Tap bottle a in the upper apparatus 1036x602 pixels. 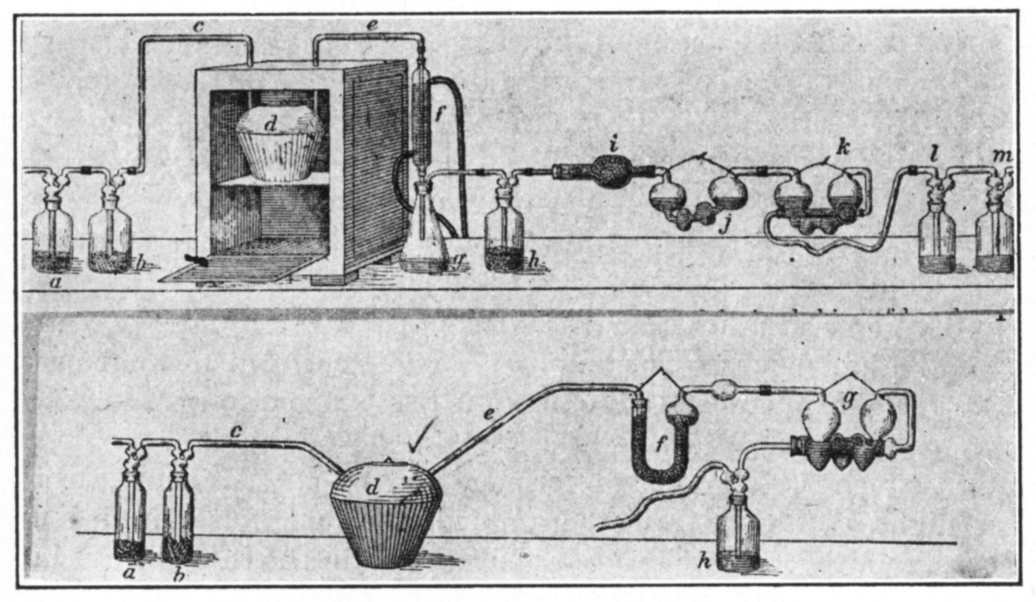click(52, 237)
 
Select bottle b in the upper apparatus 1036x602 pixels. click(110, 237)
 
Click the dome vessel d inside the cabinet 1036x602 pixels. click(279, 144)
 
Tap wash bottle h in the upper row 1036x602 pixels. click(503, 237)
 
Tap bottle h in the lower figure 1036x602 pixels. click(738, 535)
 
